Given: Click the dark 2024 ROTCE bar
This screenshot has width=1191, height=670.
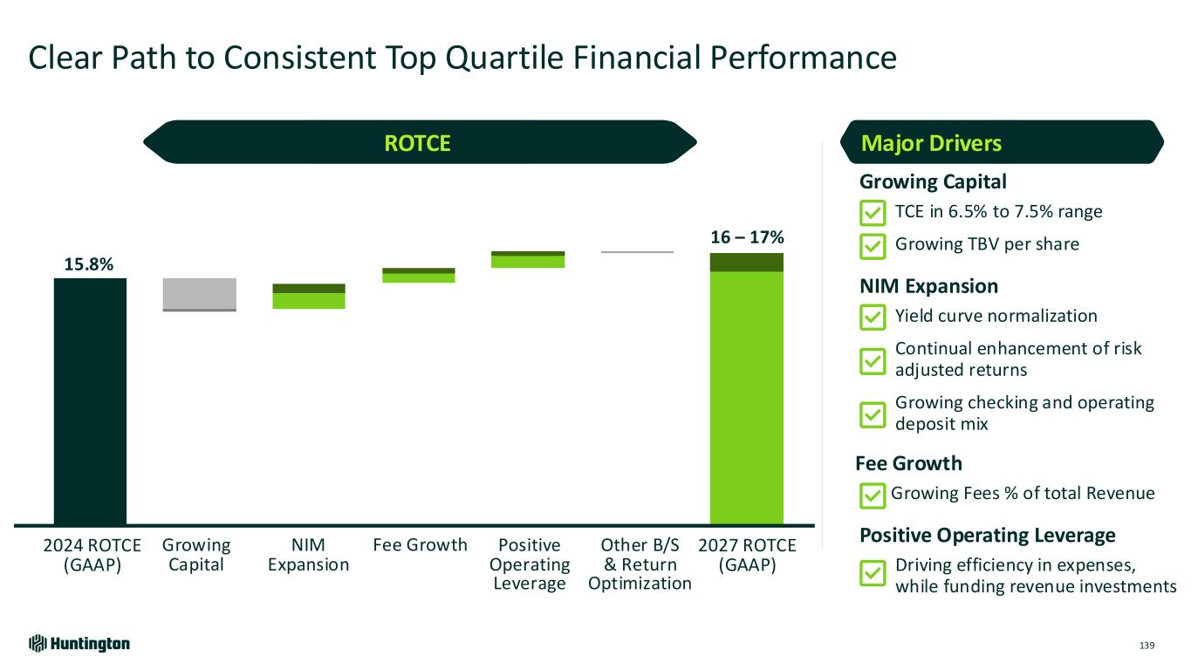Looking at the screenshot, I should [x=90, y=401].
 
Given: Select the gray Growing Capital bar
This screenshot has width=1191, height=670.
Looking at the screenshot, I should [x=199, y=294].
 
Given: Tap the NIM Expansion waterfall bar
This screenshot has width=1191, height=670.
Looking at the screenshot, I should [x=309, y=297].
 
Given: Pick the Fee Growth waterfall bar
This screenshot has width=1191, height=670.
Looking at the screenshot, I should [x=418, y=276].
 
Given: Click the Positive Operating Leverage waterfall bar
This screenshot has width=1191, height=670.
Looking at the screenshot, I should [x=528, y=259].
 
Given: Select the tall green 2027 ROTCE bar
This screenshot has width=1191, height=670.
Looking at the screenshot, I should [x=746, y=393].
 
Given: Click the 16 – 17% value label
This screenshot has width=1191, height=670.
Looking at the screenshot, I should [x=747, y=237].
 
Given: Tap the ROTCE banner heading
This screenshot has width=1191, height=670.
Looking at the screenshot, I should [x=418, y=143].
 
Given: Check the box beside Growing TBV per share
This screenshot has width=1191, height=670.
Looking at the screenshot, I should [x=872, y=246].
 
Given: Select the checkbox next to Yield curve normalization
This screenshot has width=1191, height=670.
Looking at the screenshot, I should [x=872, y=318].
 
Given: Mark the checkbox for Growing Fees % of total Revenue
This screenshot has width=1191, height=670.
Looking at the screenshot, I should [x=872, y=496].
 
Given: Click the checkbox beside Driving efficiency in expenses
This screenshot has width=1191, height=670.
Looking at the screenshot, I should [x=872, y=574].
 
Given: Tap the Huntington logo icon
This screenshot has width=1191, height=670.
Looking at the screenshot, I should [x=37, y=644].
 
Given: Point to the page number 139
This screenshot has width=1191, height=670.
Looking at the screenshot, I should [x=1147, y=646].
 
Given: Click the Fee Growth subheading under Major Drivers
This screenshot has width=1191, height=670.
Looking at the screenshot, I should [x=911, y=463].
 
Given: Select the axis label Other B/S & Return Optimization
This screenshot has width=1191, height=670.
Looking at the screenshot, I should [x=640, y=564].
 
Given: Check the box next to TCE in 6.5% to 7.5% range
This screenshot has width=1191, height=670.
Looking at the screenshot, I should [x=872, y=213].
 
